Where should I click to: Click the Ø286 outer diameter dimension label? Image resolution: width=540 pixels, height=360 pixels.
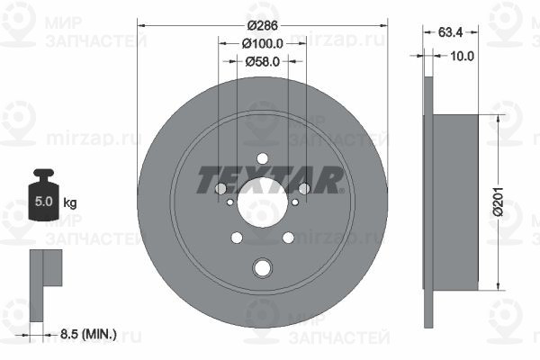click(263, 25)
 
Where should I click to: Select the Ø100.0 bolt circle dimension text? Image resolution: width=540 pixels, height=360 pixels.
click(263, 43)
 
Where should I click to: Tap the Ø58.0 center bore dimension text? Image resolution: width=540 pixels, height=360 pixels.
click(263, 62)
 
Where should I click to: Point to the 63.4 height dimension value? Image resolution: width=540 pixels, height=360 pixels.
click(451, 32)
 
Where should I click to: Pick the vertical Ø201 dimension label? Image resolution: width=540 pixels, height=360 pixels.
click(498, 202)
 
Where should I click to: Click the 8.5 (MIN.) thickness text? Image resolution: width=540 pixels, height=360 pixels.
click(88, 334)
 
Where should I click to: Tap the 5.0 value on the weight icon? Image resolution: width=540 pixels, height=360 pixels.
click(44, 202)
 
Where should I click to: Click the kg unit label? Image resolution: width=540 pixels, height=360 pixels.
click(70, 202)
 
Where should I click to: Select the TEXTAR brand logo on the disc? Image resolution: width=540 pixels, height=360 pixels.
click(270, 180)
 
